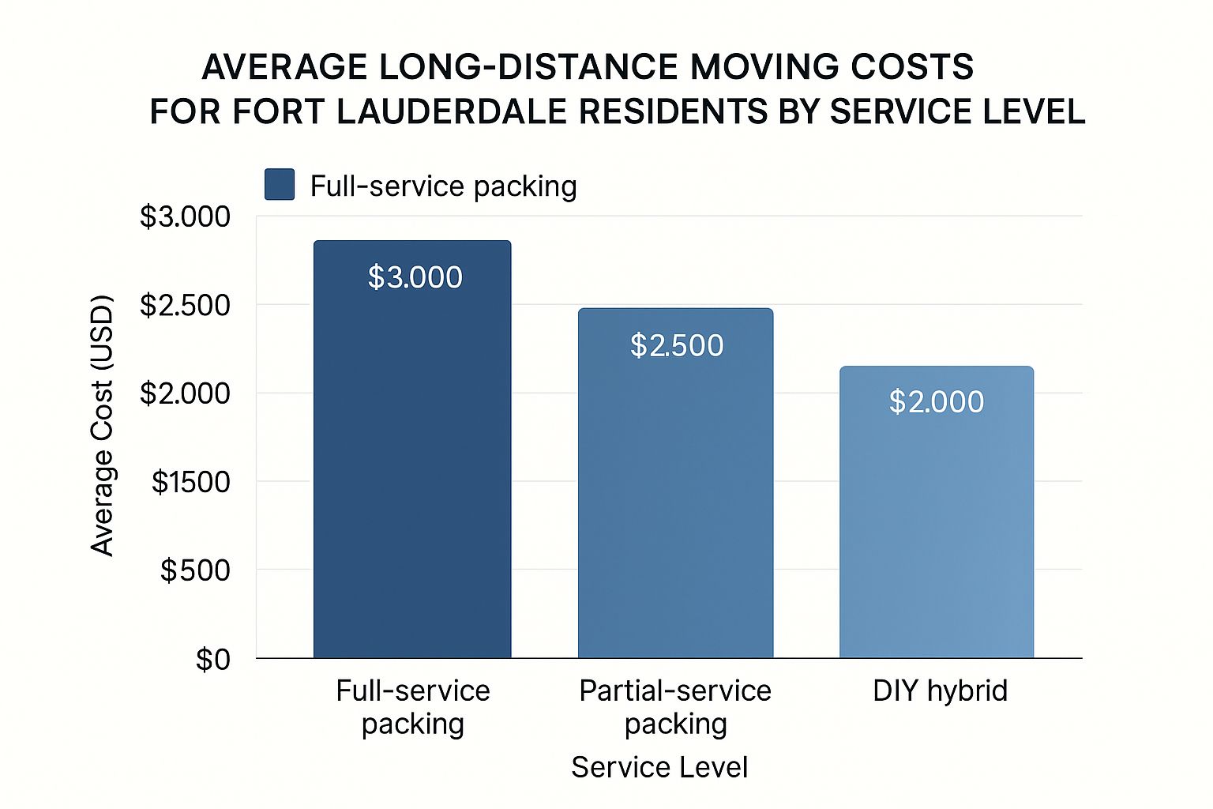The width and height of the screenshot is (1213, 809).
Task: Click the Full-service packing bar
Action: tap(412, 474)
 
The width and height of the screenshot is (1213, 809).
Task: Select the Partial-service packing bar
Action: tap(675, 506)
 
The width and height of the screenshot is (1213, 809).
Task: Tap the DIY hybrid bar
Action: tap(937, 537)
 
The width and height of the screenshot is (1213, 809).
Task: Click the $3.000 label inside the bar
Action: tap(415, 277)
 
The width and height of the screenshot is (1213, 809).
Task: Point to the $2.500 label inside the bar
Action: tap(677, 345)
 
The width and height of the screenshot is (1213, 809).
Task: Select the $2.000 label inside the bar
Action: tap(937, 402)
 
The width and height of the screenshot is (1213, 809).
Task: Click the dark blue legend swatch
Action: tap(280, 184)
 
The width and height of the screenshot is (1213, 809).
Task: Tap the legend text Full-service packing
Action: tap(443, 186)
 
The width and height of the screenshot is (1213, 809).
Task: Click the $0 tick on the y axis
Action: tap(213, 659)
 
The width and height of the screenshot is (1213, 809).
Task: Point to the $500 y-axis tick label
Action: tap(195, 570)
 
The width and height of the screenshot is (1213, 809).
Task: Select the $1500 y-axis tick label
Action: tap(190, 482)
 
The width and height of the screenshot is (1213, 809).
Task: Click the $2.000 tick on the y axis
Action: tap(185, 393)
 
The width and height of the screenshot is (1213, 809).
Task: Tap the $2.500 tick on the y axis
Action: tap(185, 305)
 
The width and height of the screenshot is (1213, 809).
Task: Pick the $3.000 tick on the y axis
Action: tap(185, 216)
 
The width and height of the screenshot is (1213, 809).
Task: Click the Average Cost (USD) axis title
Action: tap(103, 425)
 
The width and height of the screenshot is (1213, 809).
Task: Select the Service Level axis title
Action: tap(659, 767)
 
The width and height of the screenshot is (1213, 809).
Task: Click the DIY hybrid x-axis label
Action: tap(940, 690)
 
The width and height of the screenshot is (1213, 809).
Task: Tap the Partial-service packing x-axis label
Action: tap(675, 707)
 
